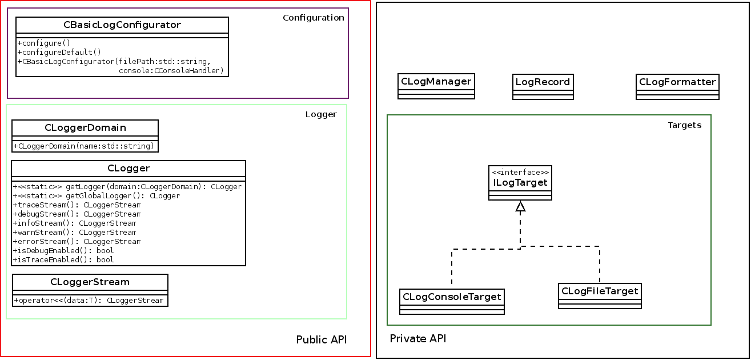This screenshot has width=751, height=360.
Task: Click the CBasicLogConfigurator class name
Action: pos(122,25)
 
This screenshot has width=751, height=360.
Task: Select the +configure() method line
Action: pos(43,43)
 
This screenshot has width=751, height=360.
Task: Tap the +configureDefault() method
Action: pos(59,52)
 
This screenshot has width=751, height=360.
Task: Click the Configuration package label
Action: pos(313,18)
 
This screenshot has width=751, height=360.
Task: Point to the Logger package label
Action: pos(321,114)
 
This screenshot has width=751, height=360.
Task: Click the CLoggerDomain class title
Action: pos(85,127)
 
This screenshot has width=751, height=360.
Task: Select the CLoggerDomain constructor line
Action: pos(84,146)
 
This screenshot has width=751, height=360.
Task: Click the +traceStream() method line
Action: pos(77,205)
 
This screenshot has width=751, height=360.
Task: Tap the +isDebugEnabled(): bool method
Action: pos(63,250)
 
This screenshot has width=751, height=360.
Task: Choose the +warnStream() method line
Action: pos(74,232)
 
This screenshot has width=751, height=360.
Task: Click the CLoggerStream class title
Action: pos(90,282)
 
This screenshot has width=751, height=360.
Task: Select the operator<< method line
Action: pos(89,300)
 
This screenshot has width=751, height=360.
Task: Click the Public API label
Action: pos(321,340)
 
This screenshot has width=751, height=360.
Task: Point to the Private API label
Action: pos(417,339)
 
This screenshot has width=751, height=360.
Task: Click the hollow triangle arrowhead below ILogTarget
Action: pos(520,207)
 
